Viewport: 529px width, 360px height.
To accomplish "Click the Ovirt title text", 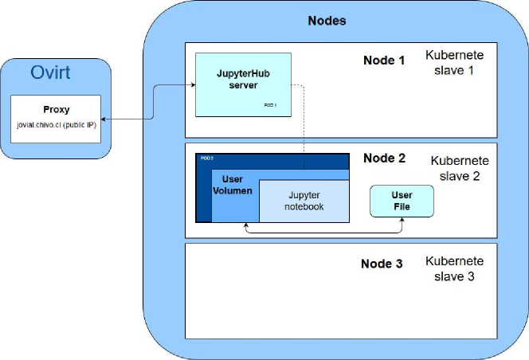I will tap(50, 73).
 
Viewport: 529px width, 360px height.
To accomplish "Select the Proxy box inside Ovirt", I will tap(56, 119).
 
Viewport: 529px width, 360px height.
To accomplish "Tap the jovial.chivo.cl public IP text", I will tap(56, 126).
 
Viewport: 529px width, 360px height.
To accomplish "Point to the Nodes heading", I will tap(327, 21).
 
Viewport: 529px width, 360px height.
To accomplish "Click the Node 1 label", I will tap(385, 61).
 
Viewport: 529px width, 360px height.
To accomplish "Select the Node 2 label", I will tap(384, 158).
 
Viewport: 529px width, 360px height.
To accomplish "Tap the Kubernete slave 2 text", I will tap(460, 167).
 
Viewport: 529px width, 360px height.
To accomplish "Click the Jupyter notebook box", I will tap(304, 201).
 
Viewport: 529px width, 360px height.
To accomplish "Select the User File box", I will tap(402, 201).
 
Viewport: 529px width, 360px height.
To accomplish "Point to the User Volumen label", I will tap(232, 186).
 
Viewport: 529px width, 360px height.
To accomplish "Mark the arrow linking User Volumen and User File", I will tap(323, 233).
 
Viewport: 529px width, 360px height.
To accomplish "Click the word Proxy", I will tap(56, 110).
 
